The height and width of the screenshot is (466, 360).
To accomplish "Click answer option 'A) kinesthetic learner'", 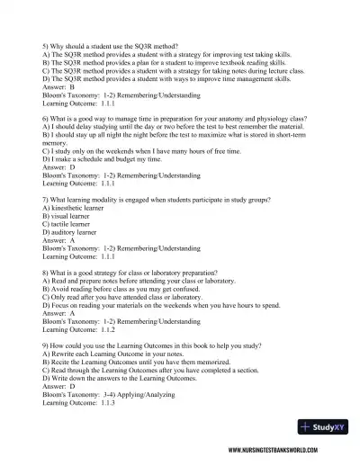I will [72, 207].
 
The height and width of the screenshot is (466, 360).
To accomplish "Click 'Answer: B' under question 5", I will [59, 86].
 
